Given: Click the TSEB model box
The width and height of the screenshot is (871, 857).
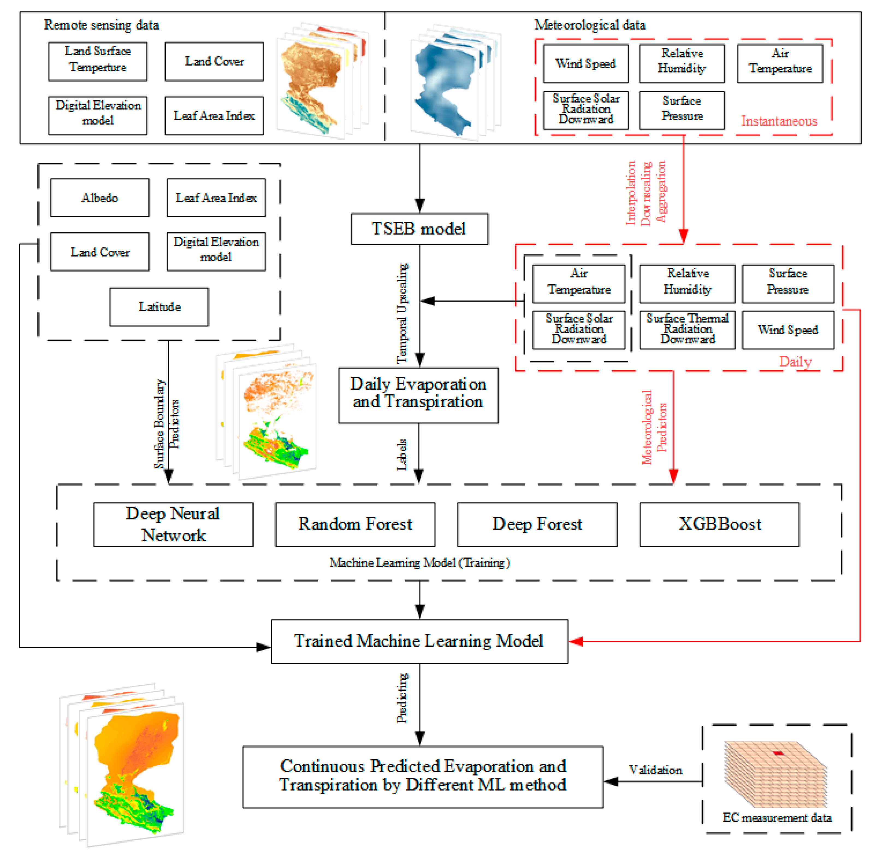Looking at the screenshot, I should click(x=419, y=229).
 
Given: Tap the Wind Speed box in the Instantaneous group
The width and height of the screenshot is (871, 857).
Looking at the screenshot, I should click(x=585, y=63).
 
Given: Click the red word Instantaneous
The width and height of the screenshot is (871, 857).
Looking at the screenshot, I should click(x=779, y=121).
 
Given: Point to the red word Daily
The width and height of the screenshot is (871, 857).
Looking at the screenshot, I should click(x=795, y=361).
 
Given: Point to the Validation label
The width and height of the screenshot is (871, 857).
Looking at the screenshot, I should click(x=655, y=770).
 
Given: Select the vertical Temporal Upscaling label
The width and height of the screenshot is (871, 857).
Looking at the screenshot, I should click(x=402, y=314).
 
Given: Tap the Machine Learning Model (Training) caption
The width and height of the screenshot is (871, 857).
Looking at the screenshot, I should click(x=419, y=563).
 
